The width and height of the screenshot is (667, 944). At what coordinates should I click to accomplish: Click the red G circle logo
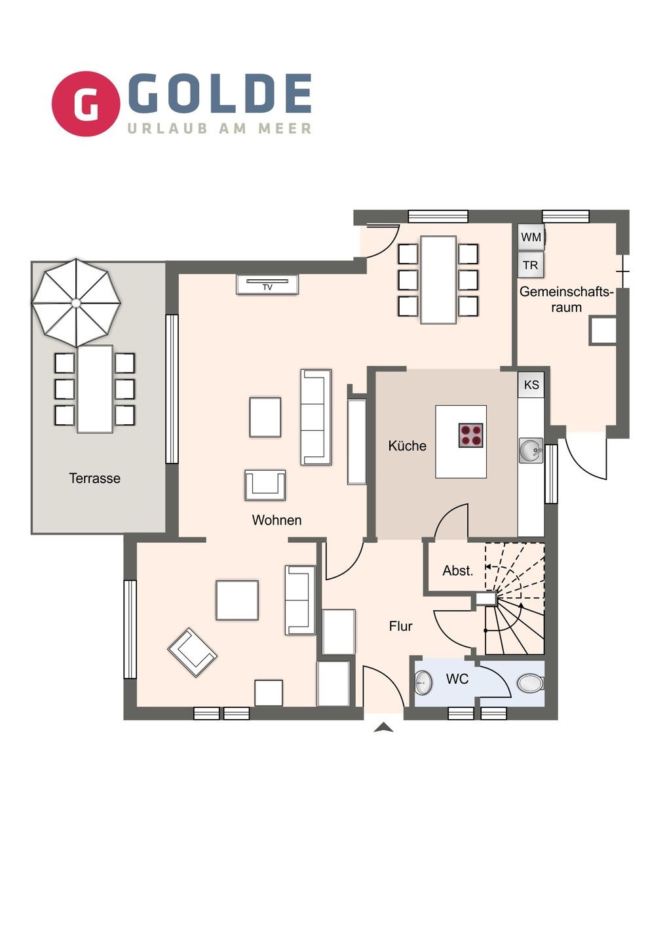86,104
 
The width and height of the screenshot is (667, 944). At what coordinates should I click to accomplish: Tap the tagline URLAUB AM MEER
219,128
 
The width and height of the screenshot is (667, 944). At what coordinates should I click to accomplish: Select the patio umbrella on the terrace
76,303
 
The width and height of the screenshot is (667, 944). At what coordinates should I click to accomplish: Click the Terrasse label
95,479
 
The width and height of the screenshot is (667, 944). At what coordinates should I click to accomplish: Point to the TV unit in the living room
267,285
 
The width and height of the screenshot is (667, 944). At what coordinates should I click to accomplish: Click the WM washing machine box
531,237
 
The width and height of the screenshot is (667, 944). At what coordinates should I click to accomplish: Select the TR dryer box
531,265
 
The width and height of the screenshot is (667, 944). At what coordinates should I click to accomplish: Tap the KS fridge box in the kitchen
531,385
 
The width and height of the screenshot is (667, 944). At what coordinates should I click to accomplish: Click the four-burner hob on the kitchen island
471,435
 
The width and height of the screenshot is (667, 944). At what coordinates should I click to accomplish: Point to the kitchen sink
531,450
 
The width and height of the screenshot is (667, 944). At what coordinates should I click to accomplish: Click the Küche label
407,446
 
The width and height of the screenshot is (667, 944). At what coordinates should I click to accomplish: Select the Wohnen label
276,520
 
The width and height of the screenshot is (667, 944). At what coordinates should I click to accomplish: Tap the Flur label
400,626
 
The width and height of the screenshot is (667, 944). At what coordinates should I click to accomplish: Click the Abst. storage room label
458,570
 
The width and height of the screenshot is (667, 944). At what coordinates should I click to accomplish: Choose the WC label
457,679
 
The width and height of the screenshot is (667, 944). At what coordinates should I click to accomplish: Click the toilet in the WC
531,682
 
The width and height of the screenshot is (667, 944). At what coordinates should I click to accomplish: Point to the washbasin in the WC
424,682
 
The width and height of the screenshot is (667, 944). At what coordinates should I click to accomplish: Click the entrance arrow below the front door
383,728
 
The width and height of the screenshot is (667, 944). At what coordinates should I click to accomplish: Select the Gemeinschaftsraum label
566,299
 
